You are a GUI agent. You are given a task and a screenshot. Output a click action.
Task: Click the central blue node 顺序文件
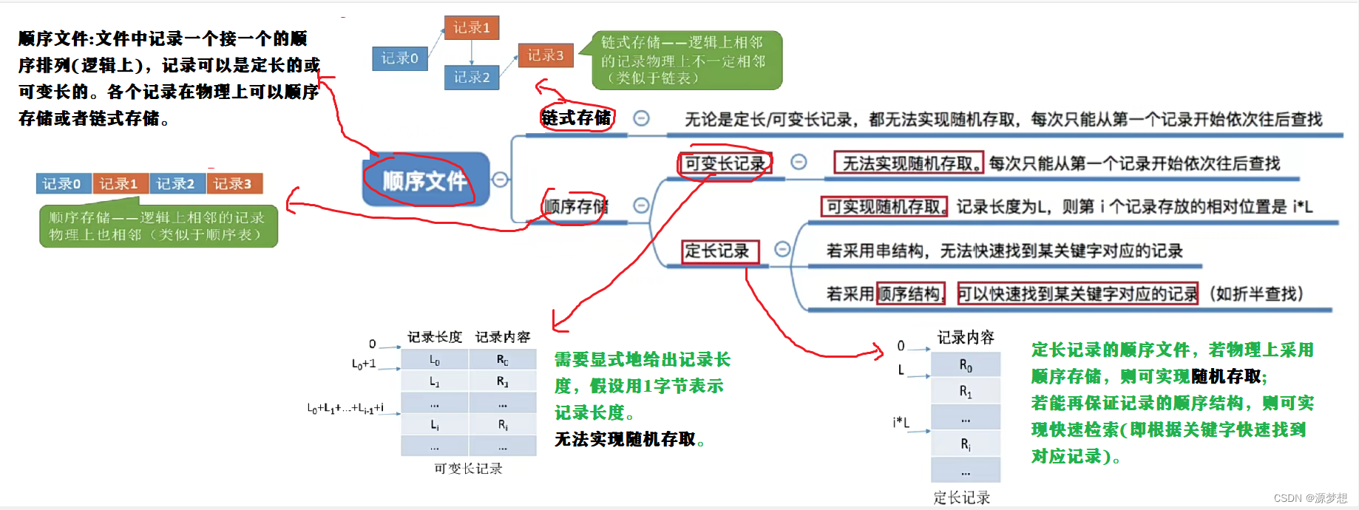(x=425, y=180)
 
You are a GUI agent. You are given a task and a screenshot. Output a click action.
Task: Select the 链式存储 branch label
(x=577, y=118)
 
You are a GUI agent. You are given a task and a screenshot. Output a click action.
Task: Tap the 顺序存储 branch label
(x=576, y=206)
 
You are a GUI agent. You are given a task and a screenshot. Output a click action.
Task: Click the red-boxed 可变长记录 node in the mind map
(x=725, y=163)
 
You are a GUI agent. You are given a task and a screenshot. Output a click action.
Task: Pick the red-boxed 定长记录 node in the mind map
(x=716, y=251)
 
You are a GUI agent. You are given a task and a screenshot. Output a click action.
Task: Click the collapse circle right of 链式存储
(x=642, y=118)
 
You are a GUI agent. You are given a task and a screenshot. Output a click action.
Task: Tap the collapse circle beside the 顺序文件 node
(x=501, y=180)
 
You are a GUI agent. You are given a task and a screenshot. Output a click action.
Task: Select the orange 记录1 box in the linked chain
(x=472, y=28)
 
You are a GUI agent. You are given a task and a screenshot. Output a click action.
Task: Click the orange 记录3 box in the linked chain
(x=546, y=55)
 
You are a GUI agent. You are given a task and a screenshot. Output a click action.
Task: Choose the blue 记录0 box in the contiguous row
(x=63, y=183)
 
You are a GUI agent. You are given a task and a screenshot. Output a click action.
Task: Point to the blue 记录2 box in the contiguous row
(x=177, y=183)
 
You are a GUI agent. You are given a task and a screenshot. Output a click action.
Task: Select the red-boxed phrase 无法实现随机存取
(x=909, y=163)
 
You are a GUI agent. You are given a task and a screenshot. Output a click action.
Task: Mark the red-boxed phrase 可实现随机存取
(x=884, y=207)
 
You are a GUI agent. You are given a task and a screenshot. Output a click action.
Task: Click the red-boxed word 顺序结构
(x=910, y=294)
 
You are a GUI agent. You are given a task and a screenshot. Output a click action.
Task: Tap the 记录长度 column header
(x=435, y=337)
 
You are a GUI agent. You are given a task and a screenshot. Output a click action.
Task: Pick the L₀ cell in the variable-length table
(x=435, y=360)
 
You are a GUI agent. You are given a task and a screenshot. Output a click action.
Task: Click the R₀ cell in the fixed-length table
(x=966, y=365)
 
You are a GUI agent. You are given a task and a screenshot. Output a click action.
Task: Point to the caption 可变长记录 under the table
(x=468, y=469)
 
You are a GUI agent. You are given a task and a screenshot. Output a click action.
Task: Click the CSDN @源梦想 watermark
(x=1310, y=498)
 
